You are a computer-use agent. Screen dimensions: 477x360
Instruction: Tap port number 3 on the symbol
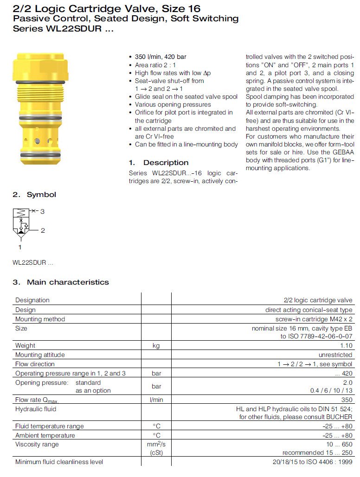42,212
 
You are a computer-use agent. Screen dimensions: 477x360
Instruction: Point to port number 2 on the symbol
43,230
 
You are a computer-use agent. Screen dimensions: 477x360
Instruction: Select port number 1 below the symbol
20,248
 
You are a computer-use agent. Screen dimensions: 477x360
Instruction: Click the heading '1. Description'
159,163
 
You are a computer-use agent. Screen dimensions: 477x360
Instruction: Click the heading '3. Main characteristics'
61,282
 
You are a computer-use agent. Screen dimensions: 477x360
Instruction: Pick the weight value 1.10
346,346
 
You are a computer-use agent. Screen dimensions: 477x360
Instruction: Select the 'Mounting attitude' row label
40,355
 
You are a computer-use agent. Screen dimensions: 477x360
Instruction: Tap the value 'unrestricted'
335,355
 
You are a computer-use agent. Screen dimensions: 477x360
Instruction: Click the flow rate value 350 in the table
347,400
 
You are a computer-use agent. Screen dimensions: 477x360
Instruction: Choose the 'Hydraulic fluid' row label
36,409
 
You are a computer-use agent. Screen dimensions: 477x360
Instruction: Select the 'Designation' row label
32,300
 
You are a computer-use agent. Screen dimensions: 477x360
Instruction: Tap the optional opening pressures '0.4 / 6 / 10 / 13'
331,390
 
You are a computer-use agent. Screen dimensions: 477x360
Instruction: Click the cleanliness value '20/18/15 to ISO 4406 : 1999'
312,462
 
